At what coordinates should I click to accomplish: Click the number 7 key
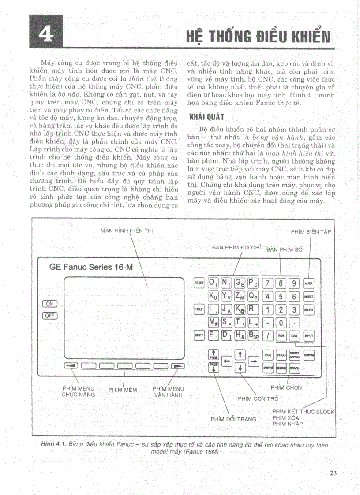click(x=268, y=283)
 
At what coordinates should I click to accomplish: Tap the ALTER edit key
click(x=308, y=283)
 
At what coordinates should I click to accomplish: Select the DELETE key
click(x=308, y=310)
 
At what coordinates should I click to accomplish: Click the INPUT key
click(x=308, y=336)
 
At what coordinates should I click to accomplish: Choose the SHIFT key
click(x=199, y=336)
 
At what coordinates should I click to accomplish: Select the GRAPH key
click(x=294, y=368)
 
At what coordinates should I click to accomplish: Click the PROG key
click(x=281, y=355)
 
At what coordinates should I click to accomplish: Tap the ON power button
click(x=49, y=304)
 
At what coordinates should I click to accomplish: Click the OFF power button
click(x=49, y=315)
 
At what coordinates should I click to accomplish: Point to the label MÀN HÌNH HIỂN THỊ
click(x=127, y=231)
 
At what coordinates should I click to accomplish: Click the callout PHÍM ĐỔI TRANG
click(x=233, y=419)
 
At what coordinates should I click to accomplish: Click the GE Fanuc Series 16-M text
click(x=91, y=267)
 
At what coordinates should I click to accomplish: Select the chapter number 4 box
click(x=45, y=32)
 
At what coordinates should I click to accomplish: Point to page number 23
click(x=333, y=473)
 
